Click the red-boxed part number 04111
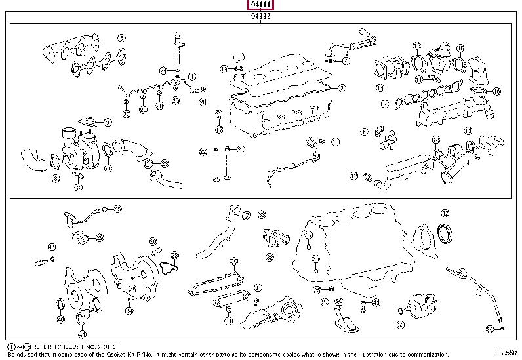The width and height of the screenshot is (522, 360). coord(260,5)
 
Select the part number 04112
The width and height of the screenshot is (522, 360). coord(260,16)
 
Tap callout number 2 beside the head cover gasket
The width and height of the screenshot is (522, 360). coord(342,88)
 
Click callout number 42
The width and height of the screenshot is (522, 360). coord(445,212)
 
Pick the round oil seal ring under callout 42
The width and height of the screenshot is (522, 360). coord(445,235)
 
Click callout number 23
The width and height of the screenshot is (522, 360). coord(164,163)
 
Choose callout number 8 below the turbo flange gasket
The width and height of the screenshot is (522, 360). coord(56,178)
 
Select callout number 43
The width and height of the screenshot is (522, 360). coord(375,302)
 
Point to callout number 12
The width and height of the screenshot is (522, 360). coord(353,175)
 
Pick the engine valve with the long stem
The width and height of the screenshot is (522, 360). coord(226,164)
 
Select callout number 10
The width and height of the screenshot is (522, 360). coord(496,91)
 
